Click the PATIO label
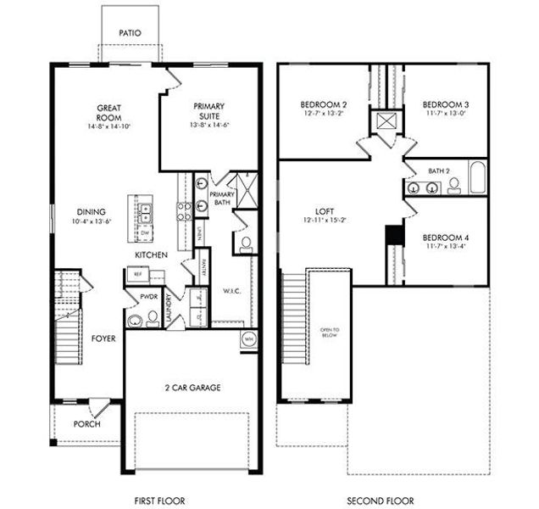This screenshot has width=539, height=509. pyautogui.click(x=130, y=33)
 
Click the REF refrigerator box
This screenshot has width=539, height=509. pyautogui.click(x=136, y=274)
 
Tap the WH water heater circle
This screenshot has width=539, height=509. pyautogui.click(x=248, y=338)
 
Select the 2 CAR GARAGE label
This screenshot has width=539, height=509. pyautogui.click(x=192, y=388)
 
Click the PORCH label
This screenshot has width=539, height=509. pyautogui.click(x=86, y=424)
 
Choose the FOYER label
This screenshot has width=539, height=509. pyautogui.click(x=103, y=338)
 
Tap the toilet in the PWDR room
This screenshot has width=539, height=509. pyautogui.click(x=153, y=318)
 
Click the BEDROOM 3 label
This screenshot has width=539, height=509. pyautogui.click(x=446, y=104)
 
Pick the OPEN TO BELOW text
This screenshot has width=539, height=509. pyautogui.click(x=329, y=331)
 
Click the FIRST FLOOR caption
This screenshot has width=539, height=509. pyautogui.click(x=160, y=501)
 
